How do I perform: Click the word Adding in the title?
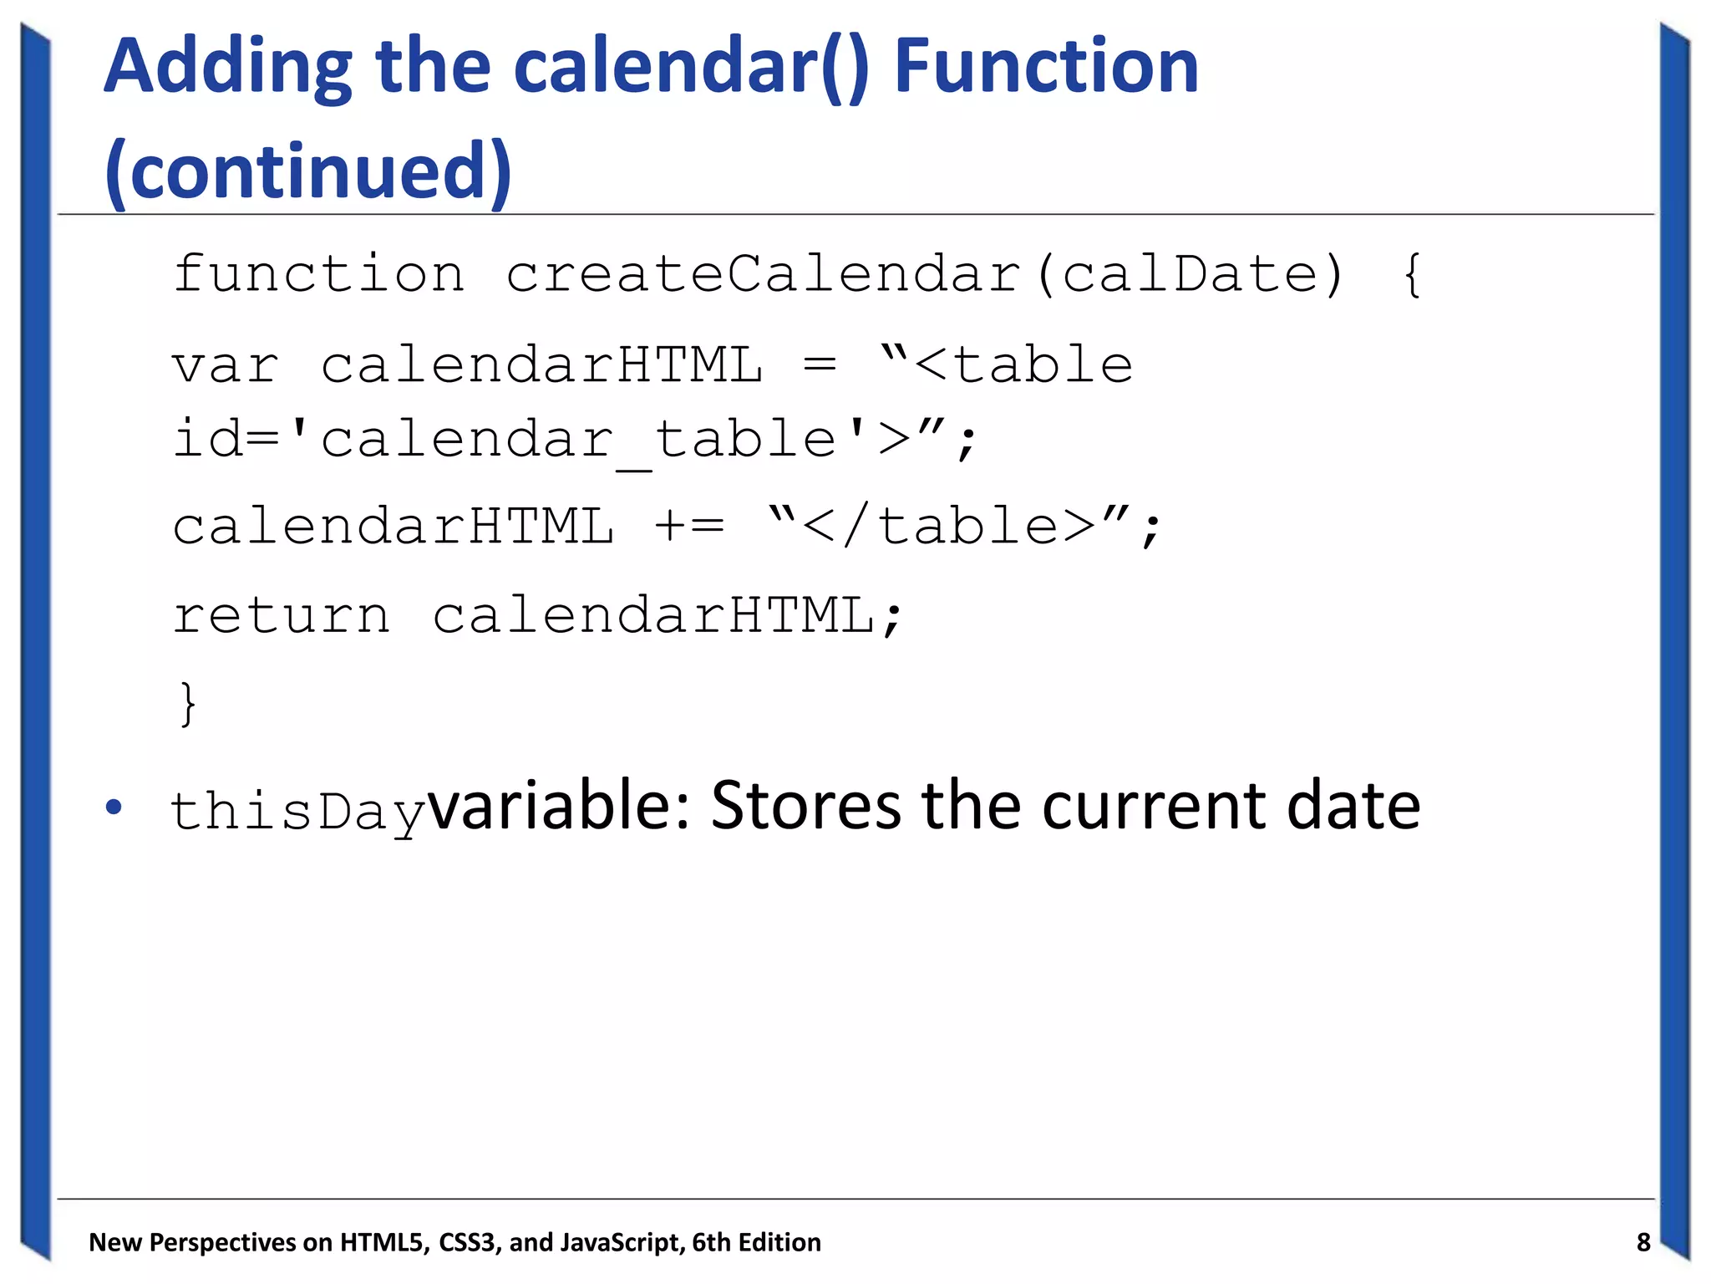point(228,69)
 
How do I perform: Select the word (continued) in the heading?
point(308,172)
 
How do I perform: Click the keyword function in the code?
point(318,274)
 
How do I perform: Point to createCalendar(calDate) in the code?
point(925,274)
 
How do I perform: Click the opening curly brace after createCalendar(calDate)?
point(1412,274)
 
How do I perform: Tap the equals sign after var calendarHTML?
point(820,366)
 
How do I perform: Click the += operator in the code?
point(689,527)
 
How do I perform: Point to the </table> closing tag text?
point(947,527)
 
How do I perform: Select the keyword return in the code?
point(282,616)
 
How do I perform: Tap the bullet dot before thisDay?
point(114,808)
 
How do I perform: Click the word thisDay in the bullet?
point(297,811)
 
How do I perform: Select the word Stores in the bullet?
point(805,806)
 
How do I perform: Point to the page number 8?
point(1642,1242)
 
